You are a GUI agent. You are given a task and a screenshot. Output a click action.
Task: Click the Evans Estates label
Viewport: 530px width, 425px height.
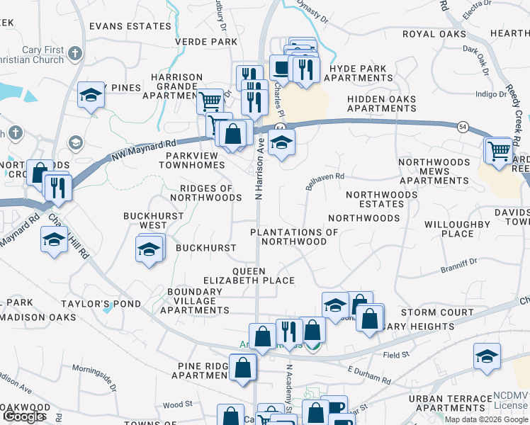(x=130, y=26)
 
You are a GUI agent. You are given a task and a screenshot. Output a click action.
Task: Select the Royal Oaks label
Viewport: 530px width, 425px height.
(x=434, y=34)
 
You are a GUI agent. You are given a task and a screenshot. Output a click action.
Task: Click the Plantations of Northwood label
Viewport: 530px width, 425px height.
(x=294, y=237)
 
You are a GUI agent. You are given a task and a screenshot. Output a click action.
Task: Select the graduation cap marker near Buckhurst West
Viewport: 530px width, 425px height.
(x=149, y=249)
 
